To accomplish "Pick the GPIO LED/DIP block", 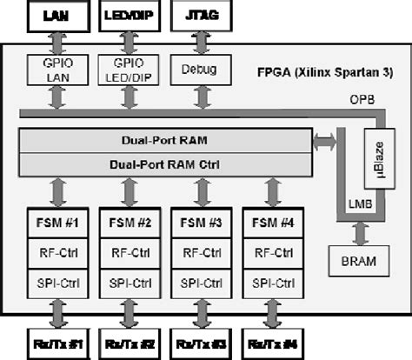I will coord(127,70).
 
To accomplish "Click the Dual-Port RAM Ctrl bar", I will coord(164,163).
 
